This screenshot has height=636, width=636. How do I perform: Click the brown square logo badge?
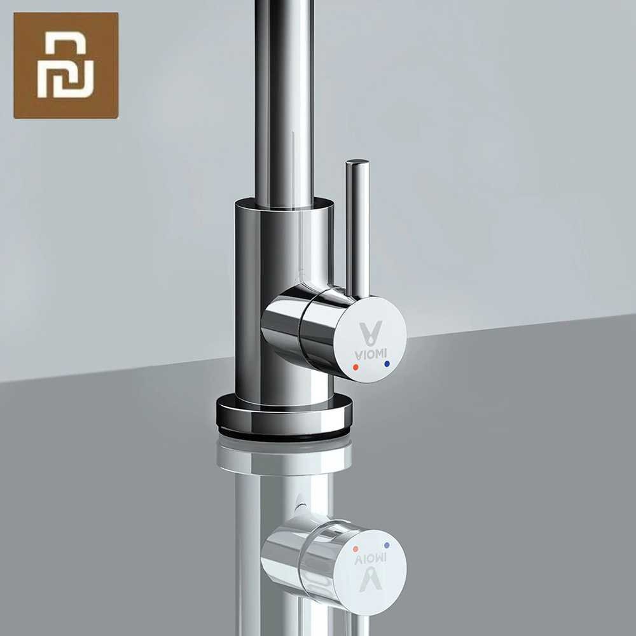tap(66, 66)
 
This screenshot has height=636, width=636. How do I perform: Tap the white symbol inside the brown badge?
tap(66, 66)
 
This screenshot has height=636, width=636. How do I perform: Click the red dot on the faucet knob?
tap(356, 367)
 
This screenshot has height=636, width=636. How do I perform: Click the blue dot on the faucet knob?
tap(387, 364)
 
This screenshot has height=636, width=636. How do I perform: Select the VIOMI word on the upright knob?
tap(371, 354)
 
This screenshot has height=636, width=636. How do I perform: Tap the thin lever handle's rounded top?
tap(357, 162)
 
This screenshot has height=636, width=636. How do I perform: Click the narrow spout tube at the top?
tap(284, 101)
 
